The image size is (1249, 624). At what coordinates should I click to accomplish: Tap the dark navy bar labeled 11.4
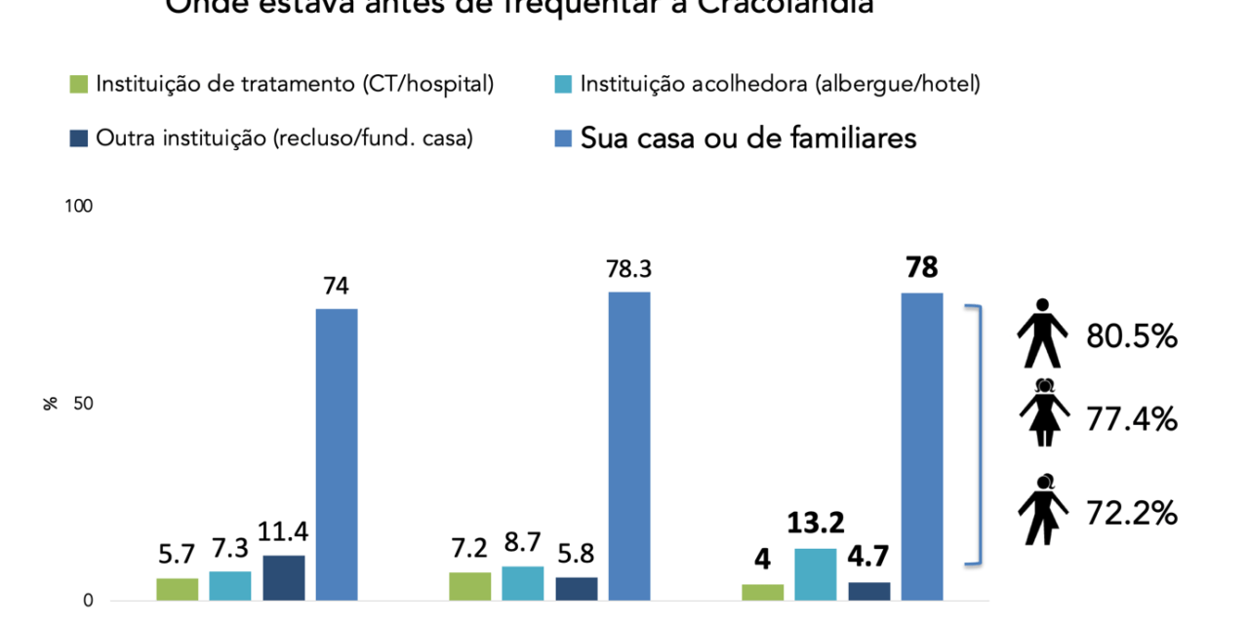coord(283,578)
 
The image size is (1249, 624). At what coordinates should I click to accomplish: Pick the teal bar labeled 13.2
coord(815,574)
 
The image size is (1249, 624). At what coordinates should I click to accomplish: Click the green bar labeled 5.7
coord(178,589)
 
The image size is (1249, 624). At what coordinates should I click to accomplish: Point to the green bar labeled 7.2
coord(470,586)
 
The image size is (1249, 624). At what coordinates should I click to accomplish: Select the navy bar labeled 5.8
coord(576,589)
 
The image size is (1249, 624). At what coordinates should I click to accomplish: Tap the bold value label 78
coord(921,267)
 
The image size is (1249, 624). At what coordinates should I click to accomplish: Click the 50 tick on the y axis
coord(83,404)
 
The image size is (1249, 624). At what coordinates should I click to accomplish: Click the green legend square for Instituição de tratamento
coord(80,85)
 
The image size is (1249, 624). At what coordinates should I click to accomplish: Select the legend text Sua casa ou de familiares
coord(748,138)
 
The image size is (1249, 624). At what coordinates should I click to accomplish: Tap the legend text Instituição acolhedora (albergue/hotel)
coord(780,85)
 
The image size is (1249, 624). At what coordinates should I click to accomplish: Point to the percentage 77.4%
coord(1132,420)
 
